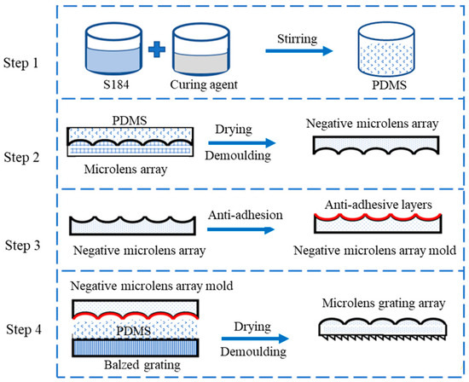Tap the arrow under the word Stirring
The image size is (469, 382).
pyautogui.click(x=298, y=50)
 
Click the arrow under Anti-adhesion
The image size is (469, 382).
pyautogui.click(x=246, y=227)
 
